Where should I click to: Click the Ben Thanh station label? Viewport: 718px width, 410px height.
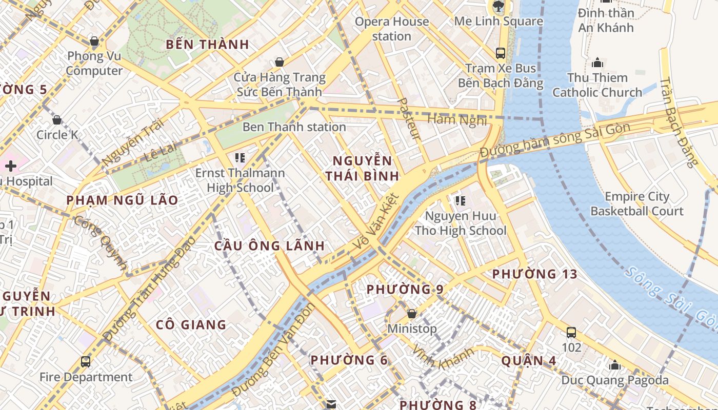coord(294,127)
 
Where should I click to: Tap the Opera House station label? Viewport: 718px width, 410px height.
coord(392,29)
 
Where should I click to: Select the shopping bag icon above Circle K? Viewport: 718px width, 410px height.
coord(57,120)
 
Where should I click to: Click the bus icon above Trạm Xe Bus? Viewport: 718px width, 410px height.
coord(500,53)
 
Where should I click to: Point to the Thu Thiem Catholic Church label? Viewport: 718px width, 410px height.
coord(597,85)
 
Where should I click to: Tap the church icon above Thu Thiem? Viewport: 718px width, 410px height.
coord(597,63)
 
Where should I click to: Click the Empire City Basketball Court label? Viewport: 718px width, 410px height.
coord(637,204)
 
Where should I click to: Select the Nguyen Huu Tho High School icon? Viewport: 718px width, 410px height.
coord(460,200)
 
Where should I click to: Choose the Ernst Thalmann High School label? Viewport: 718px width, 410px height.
coord(240,180)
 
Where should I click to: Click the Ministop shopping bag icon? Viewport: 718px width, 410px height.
coord(412,313)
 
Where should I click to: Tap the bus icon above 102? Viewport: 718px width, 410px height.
coord(571,333)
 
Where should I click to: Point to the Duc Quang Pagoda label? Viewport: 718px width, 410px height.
coord(615,380)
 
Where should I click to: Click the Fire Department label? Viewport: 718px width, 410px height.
coord(86,377)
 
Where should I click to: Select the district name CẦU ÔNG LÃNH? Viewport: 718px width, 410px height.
coord(269,245)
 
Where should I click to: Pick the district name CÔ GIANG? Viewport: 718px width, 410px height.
coord(191,324)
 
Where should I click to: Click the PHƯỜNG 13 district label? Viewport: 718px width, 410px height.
coord(535,274)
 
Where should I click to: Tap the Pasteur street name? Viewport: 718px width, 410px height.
coord(409,118)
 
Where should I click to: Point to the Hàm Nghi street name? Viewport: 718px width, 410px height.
coord(456,120)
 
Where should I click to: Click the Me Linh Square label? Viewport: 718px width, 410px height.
coord(498,21)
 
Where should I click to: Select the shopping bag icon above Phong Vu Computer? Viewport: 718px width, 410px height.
coord(94,40)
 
